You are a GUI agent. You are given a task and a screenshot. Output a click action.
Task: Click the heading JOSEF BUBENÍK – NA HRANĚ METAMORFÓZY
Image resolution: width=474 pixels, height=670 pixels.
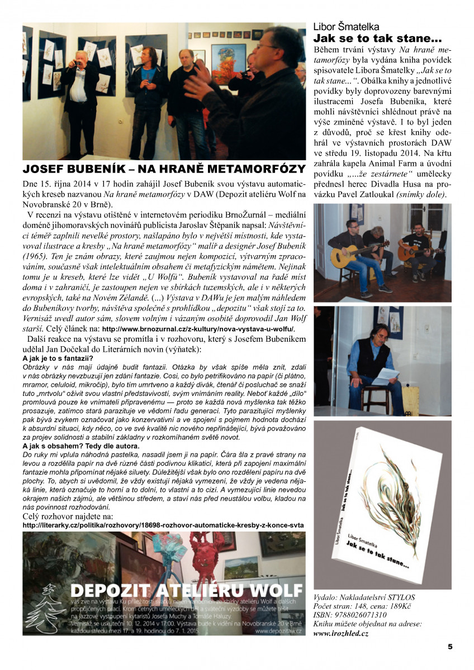[164, 169]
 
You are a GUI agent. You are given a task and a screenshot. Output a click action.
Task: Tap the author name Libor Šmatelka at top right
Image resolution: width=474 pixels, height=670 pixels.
[346, 27]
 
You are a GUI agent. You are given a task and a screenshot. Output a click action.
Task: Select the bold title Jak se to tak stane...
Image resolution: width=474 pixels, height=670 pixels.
[377, 39]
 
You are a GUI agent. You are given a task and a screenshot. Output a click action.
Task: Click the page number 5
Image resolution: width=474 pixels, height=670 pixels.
[450, 647]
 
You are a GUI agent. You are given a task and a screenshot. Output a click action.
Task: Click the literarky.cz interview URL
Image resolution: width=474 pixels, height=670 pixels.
[163, 525]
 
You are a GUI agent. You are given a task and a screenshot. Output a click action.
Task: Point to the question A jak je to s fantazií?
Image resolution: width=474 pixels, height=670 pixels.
[58, 358]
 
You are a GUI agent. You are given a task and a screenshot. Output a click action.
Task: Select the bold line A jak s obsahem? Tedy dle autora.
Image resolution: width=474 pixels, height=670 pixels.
[81, 446]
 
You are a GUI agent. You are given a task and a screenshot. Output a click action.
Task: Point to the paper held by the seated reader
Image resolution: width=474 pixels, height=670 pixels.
[385, 377]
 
